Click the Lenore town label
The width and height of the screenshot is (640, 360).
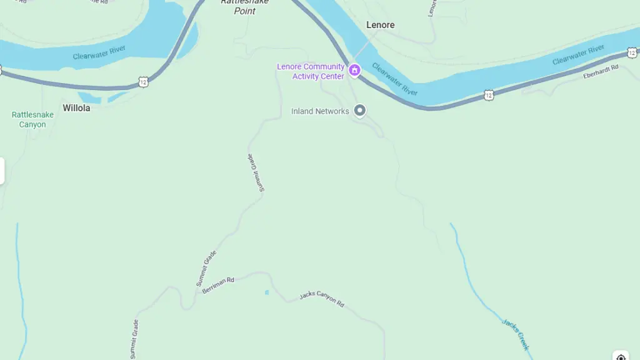380,25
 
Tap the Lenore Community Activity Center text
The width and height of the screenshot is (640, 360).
311,71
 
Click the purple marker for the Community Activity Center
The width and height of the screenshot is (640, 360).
354,71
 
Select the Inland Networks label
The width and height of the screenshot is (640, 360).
320,111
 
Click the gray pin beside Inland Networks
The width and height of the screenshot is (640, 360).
359,111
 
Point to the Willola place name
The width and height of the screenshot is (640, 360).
76,108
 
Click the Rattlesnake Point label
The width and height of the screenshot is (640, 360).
245,6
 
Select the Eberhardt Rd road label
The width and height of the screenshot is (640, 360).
601,72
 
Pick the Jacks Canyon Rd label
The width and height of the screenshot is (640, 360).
321,298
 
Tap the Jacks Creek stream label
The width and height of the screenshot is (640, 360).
516,334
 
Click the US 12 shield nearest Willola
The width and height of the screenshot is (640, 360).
144,82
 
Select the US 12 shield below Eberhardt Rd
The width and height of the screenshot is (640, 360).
488,95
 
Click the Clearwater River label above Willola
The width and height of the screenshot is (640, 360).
99,52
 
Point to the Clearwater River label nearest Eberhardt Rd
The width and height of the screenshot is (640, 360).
578,55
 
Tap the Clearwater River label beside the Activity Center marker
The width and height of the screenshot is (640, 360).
394,79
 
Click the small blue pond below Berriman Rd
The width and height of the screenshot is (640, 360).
267,292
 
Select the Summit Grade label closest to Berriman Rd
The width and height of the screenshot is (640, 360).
206,268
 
